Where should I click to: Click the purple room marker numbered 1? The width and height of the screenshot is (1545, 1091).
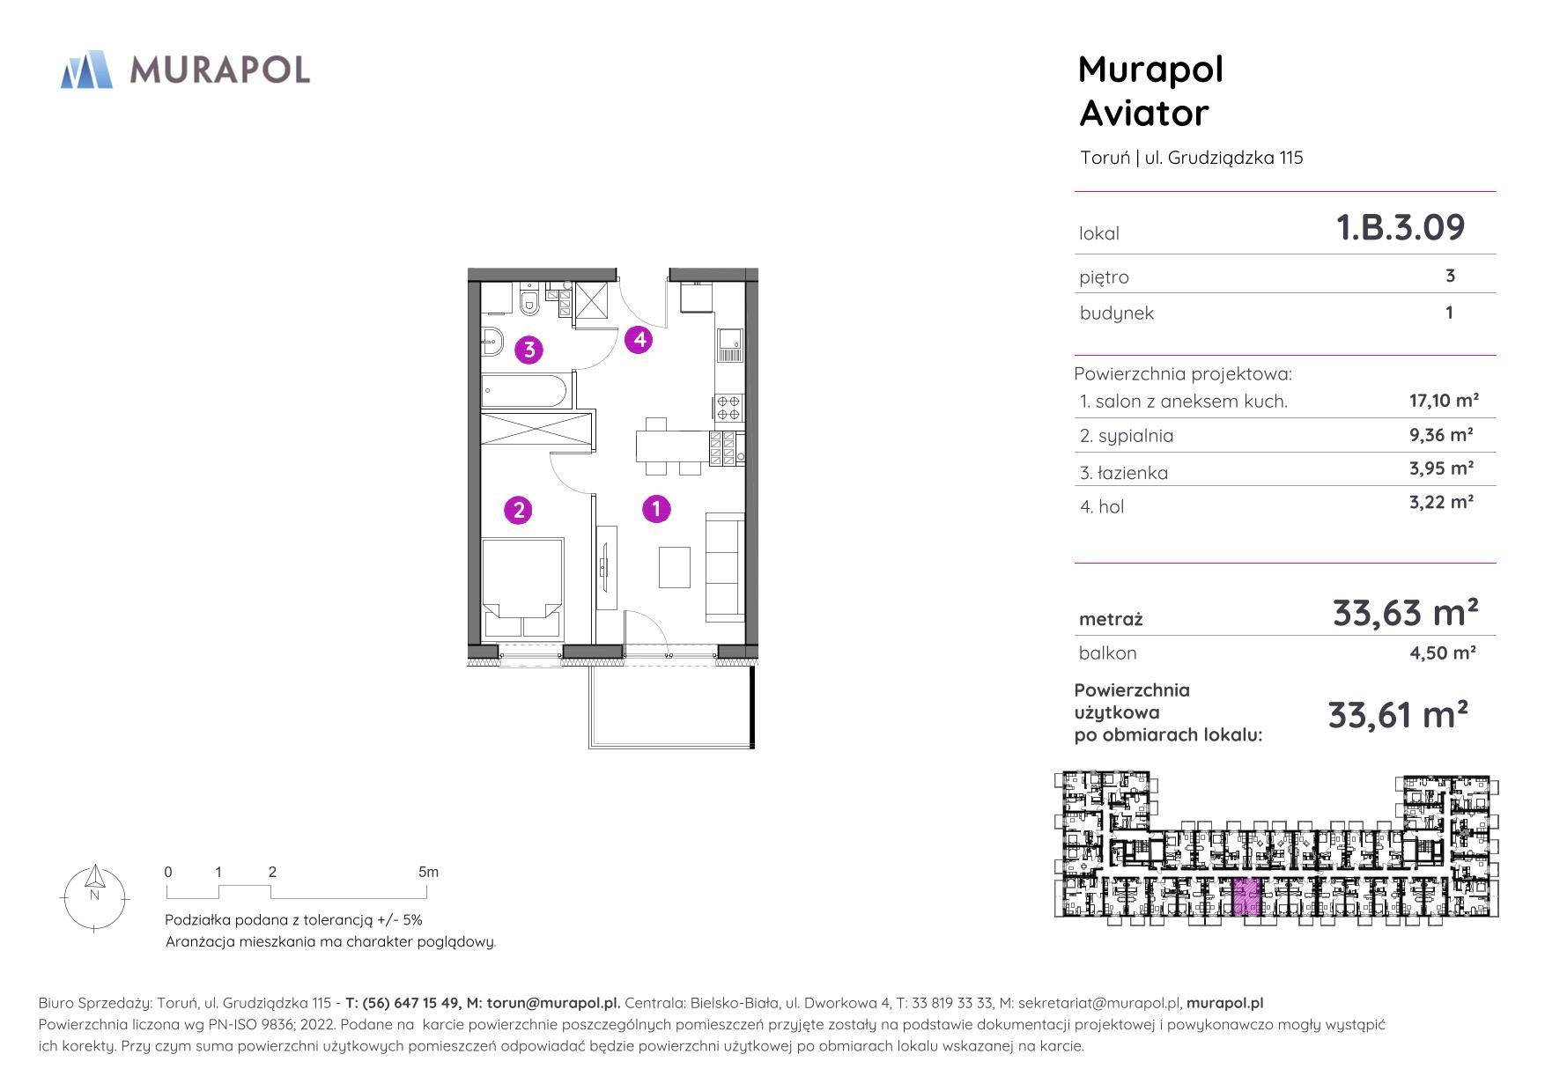pos(656,508)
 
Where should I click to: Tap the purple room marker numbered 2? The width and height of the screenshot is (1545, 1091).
pos(518,509)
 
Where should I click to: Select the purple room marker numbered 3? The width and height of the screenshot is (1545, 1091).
pos(529,350)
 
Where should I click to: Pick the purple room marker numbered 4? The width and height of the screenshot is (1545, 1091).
pos(639,339)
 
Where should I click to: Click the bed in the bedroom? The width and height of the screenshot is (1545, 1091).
pos(522,588)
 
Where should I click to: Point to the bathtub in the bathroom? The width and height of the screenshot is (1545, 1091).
pos(527,391)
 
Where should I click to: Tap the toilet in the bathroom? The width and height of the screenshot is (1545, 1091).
pos(529,300)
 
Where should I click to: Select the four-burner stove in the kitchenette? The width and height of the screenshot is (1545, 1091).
pos(728,408)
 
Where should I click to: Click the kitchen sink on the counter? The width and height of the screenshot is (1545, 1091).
pos(730,345)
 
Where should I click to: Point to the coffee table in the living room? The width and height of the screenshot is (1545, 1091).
pos(676,567)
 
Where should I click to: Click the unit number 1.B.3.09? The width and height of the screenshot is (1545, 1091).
pos(1401,227)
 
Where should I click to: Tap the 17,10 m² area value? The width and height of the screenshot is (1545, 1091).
pos(1444,401)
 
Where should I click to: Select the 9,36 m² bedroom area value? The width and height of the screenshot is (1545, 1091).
pos(1441,434)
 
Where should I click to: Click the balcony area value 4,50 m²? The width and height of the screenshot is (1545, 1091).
pos(1442,652)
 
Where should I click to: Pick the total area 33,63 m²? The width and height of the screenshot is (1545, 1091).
pos(1405,612)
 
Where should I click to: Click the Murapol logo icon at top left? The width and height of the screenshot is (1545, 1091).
pos(86,70)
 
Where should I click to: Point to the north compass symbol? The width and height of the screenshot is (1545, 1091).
pos(94,897)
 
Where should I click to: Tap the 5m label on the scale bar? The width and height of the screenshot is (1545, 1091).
pos(428,872)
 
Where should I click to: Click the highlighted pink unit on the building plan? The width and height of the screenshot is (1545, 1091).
pos(1246,897)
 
